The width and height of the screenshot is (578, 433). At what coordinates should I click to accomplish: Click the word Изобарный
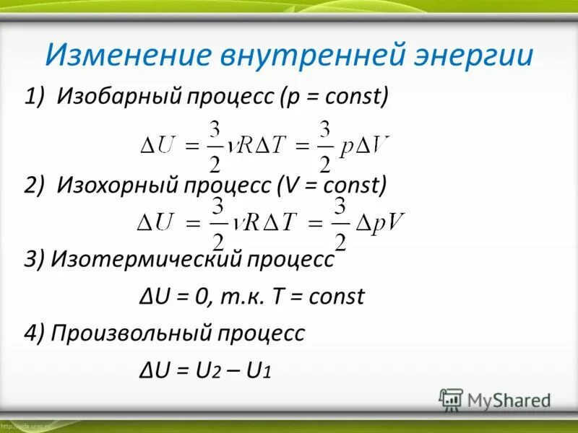(123, 96)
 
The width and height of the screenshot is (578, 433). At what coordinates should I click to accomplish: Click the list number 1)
(35, 96)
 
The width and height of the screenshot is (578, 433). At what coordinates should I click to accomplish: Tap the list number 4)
(35, 333)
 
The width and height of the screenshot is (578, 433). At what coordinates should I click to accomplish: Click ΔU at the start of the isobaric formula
(159, 145)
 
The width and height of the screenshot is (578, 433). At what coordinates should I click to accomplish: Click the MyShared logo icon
(452, 399)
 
